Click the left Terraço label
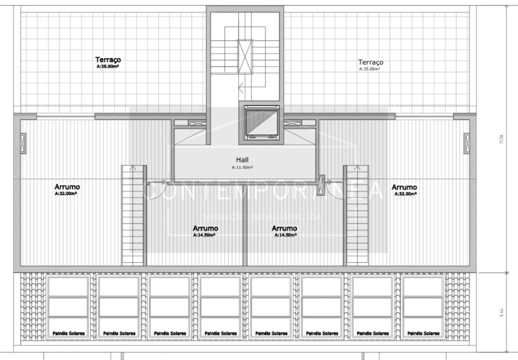(x=108, y=59)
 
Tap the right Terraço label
(x=370, y=62)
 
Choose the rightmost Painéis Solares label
(x=424, y=333)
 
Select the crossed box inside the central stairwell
(x=245, y=56)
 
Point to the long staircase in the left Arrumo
(x=133, y=215)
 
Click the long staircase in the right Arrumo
(x=356, y=215)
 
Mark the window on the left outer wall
(x=23, y=143)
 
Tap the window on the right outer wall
(x=466, y=143)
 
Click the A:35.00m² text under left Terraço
(x=108, y=66)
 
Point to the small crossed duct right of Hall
(x=321, y=184)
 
